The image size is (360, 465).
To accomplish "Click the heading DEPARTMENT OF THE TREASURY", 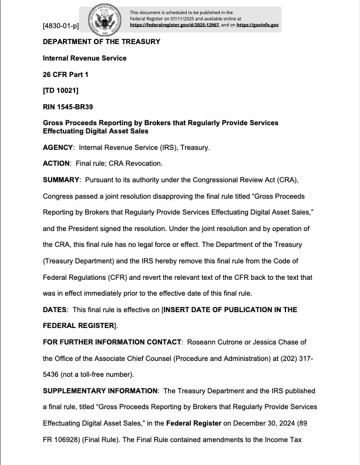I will click(101, 42).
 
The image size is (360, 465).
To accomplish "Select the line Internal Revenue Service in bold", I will click(85, 58).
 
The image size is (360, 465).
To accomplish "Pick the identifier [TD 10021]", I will click(61, 90).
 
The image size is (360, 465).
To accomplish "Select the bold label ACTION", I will click(56, 163).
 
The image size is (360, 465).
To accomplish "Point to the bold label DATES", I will click(57, 309).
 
